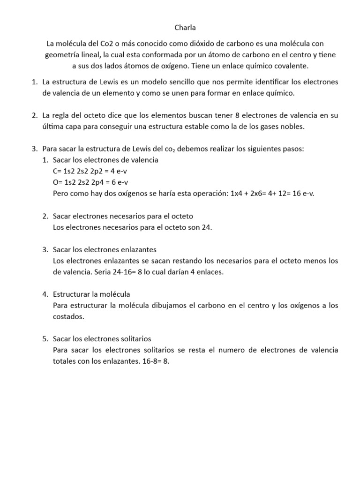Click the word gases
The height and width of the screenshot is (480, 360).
256,127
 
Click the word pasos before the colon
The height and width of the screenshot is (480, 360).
292,149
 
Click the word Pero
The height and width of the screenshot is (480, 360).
61,194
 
